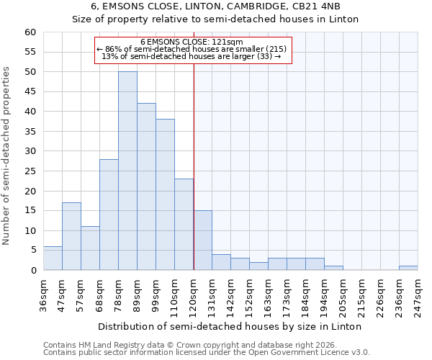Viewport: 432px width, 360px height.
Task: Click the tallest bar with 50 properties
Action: coord(127,171)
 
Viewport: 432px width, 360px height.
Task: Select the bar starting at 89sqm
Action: coord(146,186)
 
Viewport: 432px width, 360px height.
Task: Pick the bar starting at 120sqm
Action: coord(203,240)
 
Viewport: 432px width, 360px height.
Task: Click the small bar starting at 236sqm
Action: coord(408,268)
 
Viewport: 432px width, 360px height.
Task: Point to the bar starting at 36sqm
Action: coord(53,258)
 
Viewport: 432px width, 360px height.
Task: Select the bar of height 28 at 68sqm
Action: coord(109,215)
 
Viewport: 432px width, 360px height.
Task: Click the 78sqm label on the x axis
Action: coord(118,292)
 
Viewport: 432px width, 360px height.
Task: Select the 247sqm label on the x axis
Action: coord(418,292)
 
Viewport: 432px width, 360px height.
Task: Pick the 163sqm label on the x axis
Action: coord(268,292)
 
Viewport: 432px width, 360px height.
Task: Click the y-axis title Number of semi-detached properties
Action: coord(7,155)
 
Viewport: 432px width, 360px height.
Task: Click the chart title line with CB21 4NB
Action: coord(215,6)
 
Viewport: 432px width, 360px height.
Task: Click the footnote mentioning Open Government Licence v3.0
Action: coord(207,352)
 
